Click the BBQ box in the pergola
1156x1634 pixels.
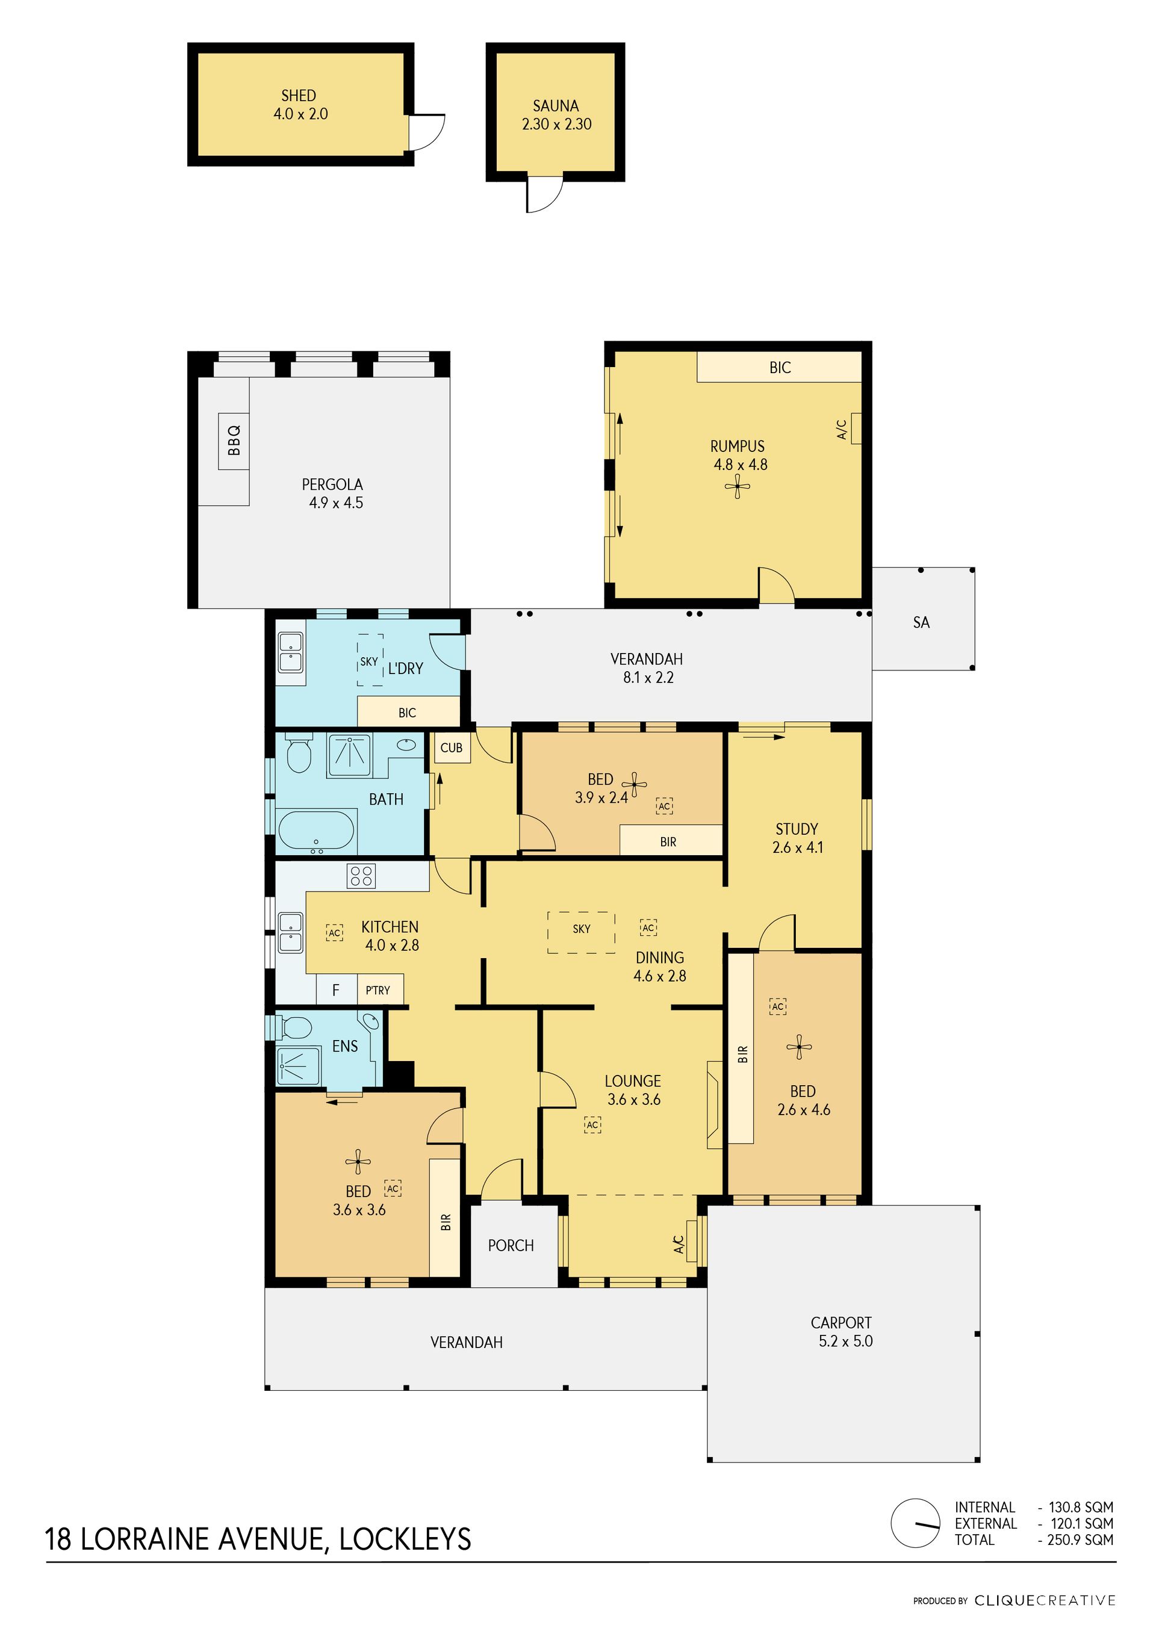coord(234,441)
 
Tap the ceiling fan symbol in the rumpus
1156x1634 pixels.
coord(738,487)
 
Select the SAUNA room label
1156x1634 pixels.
coord(555,106)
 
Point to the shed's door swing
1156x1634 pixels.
coord(427,132)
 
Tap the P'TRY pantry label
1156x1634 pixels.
coord(378,990)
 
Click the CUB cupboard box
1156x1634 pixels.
coord(452,748)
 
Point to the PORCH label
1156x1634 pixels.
coord(511,1245)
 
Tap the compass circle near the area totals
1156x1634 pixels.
coord(915,1523)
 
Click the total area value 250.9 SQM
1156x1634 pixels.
coord(1080,1540)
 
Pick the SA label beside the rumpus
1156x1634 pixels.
coord(921,623)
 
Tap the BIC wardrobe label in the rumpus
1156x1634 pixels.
coord(780,368)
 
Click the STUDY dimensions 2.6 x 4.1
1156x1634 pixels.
coord(798,847)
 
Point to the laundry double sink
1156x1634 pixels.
coord(290,652)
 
